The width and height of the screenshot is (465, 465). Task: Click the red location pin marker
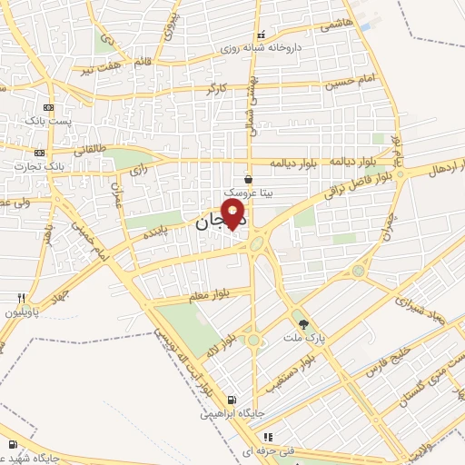click(235, 214)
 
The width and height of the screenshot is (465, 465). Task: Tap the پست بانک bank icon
click(48, 108)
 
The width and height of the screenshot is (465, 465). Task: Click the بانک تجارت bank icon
click(39, 153)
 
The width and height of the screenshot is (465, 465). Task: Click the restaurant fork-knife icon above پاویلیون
click(20, 298)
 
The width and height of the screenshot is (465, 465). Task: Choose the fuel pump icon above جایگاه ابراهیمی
click(232, 400)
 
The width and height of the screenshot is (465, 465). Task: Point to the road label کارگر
click(216, 88)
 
